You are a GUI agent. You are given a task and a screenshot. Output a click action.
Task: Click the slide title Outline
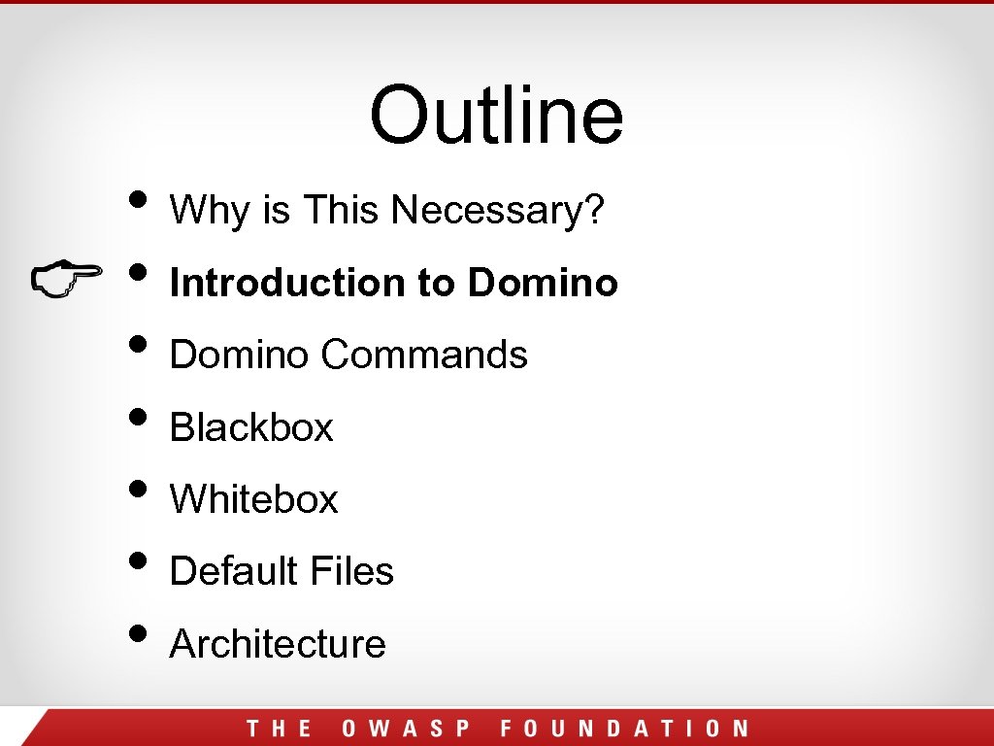coord(496,115)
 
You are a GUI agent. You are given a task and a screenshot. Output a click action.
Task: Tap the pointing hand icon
coord(66,278)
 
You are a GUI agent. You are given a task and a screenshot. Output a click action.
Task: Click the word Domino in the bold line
coord(543,283)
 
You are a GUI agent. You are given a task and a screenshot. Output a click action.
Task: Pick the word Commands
coord(424,355)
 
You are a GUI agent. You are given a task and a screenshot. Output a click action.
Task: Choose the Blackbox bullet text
coord(251,427)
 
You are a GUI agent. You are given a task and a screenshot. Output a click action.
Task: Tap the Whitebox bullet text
coord(253,499)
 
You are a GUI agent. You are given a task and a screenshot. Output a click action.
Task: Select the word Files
coord(353,571)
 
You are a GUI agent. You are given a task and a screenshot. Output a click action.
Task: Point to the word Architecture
coord(278,643)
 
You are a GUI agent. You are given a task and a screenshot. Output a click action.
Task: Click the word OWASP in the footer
coord(406,729)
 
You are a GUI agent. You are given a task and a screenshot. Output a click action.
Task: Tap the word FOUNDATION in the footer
coord(624,729)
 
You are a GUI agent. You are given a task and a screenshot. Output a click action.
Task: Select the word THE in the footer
coord(279,729)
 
